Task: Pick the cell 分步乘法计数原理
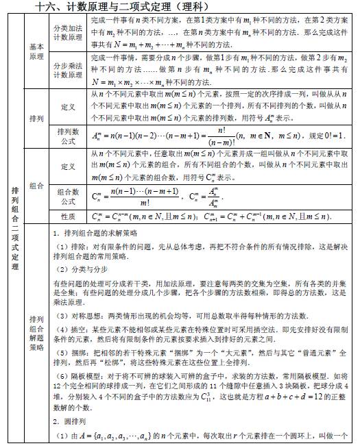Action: tap(68, 71)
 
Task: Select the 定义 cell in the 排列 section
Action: tap(68, 108)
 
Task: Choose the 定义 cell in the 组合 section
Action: tap(68, 166)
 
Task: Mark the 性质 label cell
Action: tap(68, 216)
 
